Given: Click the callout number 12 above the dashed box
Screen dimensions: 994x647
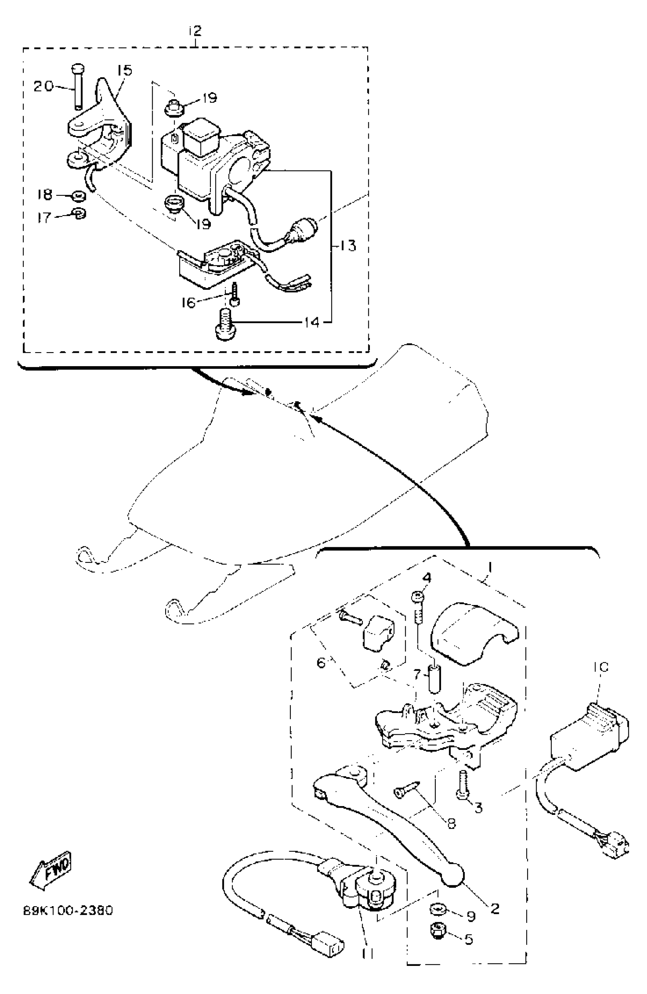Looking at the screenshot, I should (x=195, y=31).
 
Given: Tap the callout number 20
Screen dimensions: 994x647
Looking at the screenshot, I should (x=43, y=86).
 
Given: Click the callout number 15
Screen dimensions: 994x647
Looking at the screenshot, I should (x=124, y=71).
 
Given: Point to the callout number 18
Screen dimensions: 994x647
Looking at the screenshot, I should (x=45, y=194).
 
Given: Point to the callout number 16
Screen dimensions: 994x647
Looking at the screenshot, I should (x=188, y=302).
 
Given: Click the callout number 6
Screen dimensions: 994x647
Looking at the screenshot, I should (x=321, y=663).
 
